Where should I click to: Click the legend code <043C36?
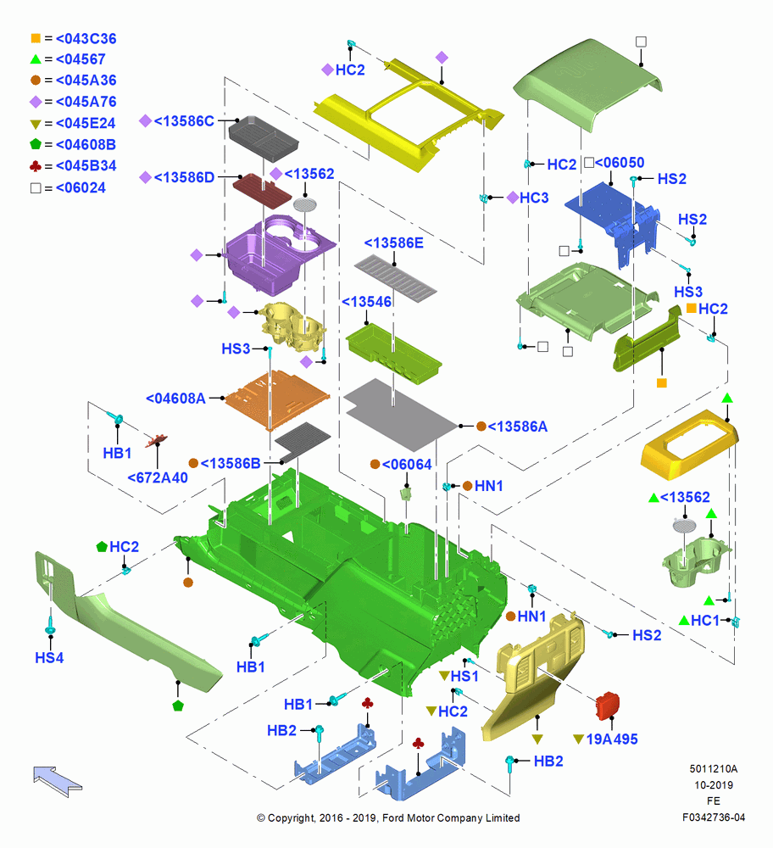click(86, 39)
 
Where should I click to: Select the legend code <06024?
click(81, 188)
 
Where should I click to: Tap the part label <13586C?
click(184, 121)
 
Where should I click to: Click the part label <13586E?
click(393, 243)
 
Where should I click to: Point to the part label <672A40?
click(158, 478)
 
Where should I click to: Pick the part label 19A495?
click(612, 739)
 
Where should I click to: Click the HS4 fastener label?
click(49, 658)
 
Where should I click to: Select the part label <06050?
click(620, 163)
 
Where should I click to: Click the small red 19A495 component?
click(608, 706)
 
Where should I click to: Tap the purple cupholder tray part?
click(275, 254)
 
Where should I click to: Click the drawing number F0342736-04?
click(714, 817)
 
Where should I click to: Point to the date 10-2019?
click(714, 785)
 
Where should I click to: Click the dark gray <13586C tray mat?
click(264, 138)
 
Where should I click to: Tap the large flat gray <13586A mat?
click(400, 415)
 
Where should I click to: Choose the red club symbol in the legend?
click(36, 166)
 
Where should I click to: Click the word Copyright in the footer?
click(292, 818)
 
